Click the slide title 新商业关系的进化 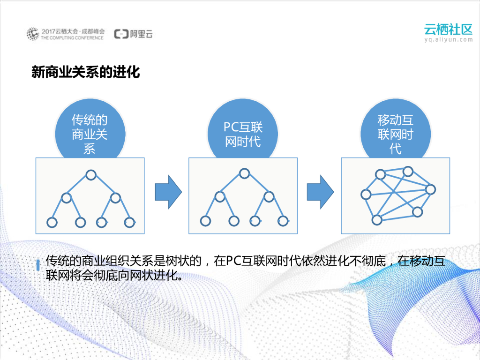[86, 73]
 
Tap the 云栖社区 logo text [448, 29]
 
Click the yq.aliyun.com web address [448, 40]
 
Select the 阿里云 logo [134, 34]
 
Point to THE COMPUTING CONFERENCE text [72, 37]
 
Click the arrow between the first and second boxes [168, 192]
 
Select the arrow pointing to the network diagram [320, 192]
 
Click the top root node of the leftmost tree [90, 175]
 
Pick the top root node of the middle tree [243, 174]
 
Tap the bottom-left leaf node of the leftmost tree [52, 222]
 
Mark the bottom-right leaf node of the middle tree [282, 221]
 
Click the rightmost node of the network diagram [430, 190]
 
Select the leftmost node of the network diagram [366, 195]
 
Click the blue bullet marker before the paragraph [37, 264]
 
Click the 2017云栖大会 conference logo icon [32, 34]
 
